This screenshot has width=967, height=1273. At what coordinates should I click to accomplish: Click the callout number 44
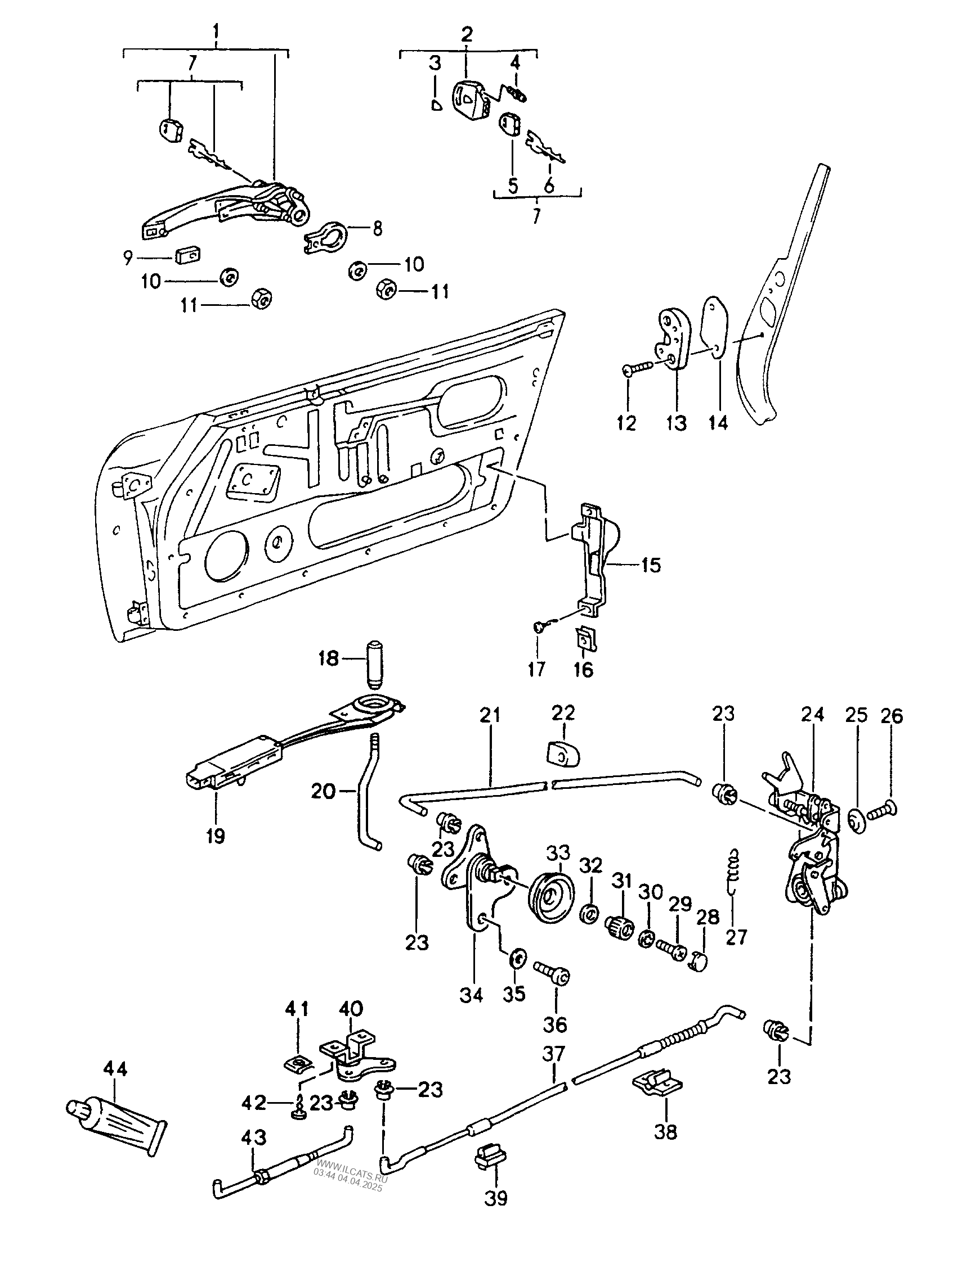coord(116,1069)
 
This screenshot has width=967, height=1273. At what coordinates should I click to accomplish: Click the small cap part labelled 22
coord(563,755)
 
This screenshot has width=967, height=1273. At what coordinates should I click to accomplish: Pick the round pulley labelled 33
coord(552,907)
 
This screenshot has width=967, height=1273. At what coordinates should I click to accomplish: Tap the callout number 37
coord(553,1054)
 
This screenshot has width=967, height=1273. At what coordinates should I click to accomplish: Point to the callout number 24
coord(813,715)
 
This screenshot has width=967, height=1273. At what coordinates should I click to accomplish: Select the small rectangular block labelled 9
coord(187,254)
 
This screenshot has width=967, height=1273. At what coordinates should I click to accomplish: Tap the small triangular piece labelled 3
coord(437,103)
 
